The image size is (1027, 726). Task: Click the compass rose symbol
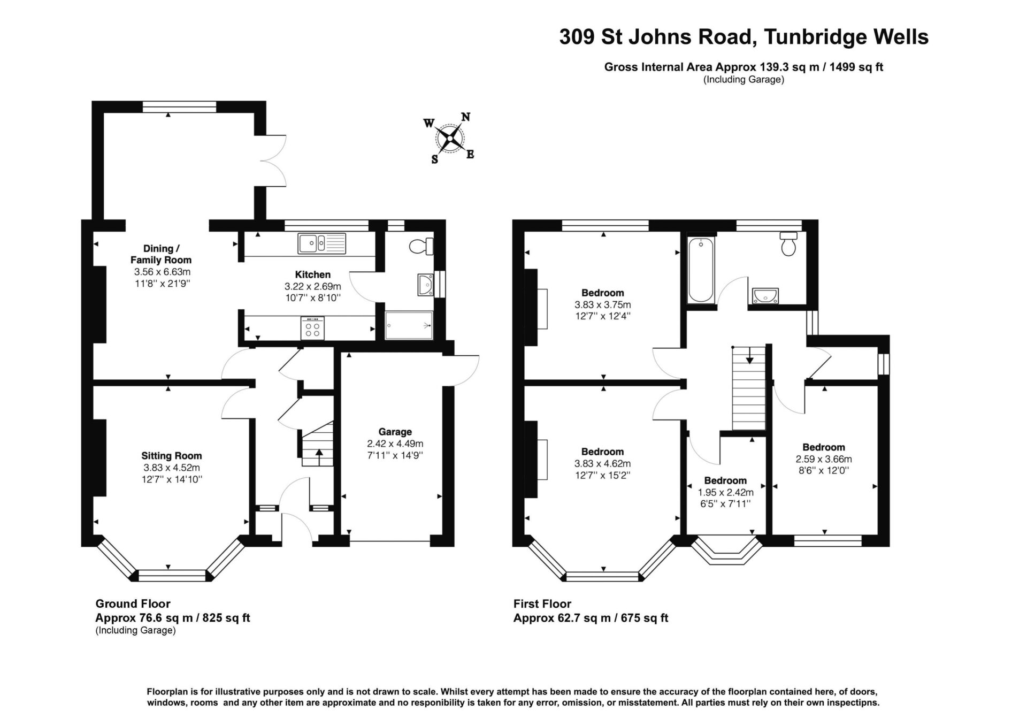pyautogui.click(x=450, y=139)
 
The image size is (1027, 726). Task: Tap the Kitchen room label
pyautogui.click(x=313, y=274)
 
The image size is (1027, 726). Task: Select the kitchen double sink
pyautogui.click(x=322, y=243)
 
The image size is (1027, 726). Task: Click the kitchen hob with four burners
pyautogui.click(x=313, y=328)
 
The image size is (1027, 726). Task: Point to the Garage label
pyautogui.click(x=395, y=432)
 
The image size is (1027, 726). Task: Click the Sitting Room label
pyautogui.click(x=172, y=456)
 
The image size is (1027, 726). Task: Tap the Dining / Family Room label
pyautogui.click(x=161, y=254)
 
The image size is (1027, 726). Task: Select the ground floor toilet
pyautogui.click(x=421, y=246)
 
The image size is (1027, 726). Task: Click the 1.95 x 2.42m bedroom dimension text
pyautogui.click(x=725, y=492)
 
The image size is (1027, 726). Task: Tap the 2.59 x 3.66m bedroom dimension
pyautogui.click(x=824, y=459)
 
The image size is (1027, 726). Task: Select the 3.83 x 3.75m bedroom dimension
pyautogui.click(x=603, y=304)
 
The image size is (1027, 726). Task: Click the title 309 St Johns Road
pyautogui.click(x=658, y=37)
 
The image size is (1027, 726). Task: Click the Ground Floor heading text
pyautogui.click(x=133, y=603)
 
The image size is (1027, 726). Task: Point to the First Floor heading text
pyautogui.click(x=542, y=603)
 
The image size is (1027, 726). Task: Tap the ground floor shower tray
pyautogui.click(x=409, y=325)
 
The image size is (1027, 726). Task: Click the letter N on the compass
pyautogui.click(x=466, y=117)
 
